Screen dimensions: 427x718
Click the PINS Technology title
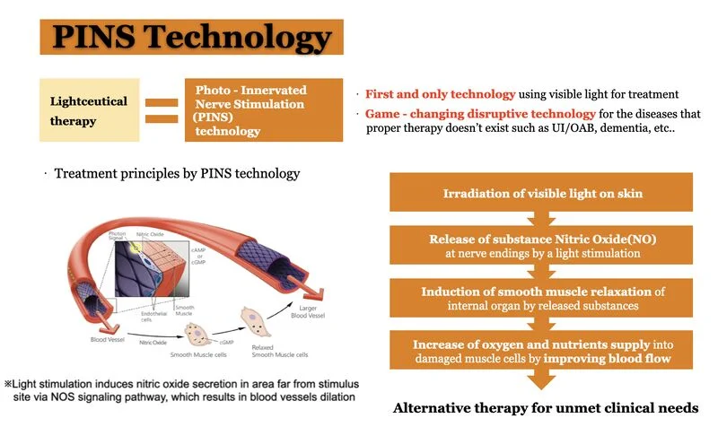[191, 39]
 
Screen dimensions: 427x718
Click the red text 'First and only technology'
[440, 94]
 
